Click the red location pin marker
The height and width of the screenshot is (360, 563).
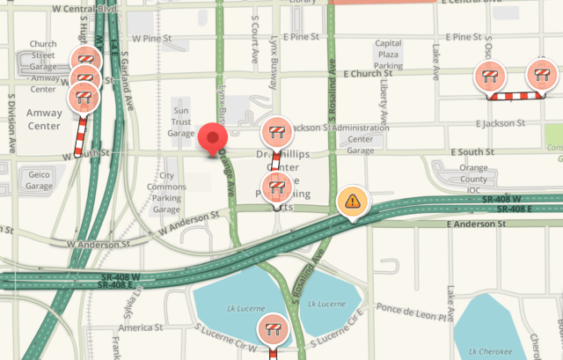tap(213, 139)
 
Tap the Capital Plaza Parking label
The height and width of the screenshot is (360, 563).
tap(388, 55)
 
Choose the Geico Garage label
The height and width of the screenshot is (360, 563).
tap(40, 180)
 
